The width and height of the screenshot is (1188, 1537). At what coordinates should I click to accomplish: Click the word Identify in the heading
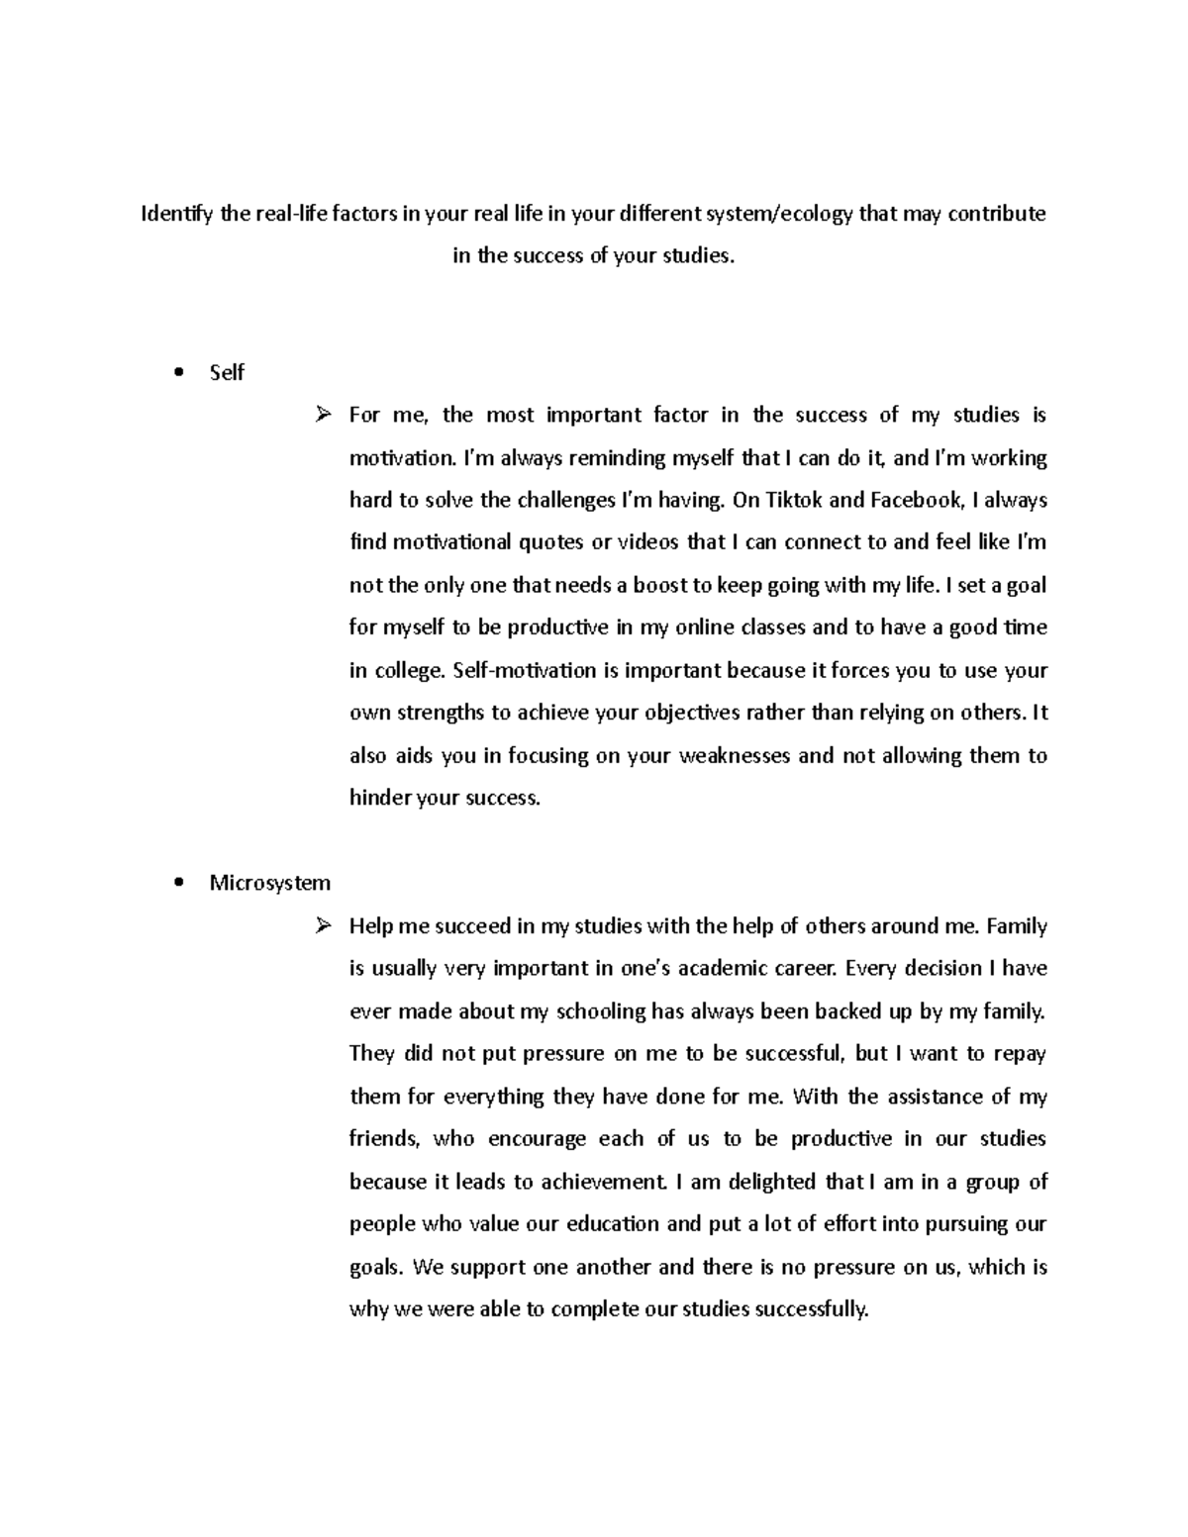coord(177,214)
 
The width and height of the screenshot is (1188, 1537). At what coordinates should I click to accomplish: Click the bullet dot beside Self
coord(178,373)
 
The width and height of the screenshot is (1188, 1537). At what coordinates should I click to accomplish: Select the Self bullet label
coord(227,373)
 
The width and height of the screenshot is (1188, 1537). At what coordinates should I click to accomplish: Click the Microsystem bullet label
coord(269,883)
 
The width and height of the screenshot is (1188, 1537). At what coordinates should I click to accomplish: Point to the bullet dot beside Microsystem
coord(178,883)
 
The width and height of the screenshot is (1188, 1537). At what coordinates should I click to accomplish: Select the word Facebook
coord(916,500)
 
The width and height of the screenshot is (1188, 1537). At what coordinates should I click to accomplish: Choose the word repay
coord(1021,1054)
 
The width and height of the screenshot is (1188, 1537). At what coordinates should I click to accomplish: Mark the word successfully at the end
coord(811,1309)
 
